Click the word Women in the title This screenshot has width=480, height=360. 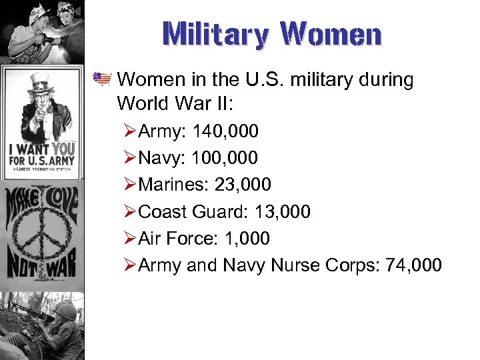(x=331, y=35)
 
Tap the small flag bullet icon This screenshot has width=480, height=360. (x=103, y=80)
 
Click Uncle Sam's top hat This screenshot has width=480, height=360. (x=41, y=83)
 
